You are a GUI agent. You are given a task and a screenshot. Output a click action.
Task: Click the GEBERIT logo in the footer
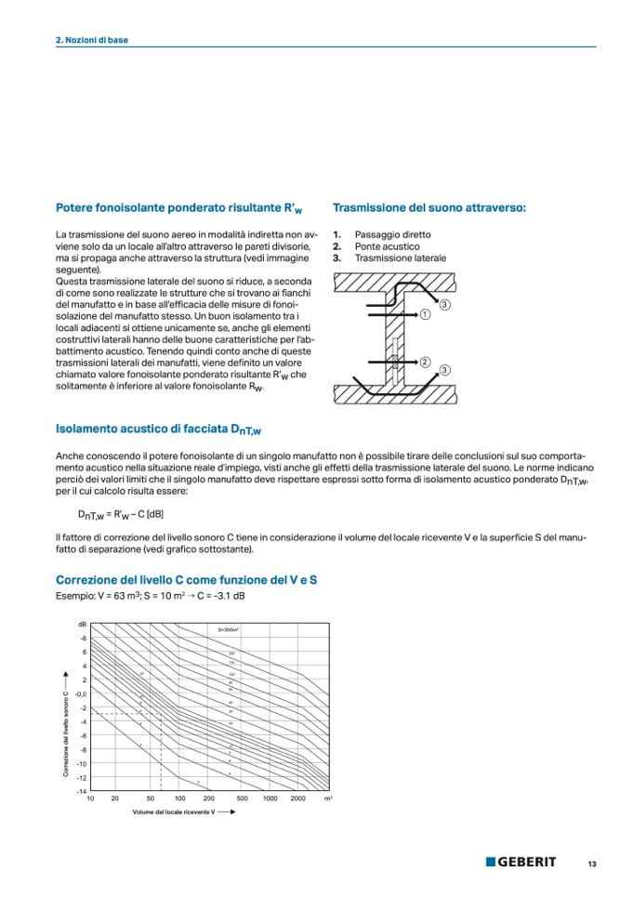coord(521,862)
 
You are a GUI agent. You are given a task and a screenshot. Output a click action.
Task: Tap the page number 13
coord(591,864)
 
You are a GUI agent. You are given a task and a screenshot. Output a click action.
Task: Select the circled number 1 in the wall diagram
coord(424,315)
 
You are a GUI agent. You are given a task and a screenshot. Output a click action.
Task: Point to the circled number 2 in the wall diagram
coord(424,362)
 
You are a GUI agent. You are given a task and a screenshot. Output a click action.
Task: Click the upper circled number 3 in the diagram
coord(445,306)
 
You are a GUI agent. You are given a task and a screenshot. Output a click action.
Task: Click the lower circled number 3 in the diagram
coord(445,370)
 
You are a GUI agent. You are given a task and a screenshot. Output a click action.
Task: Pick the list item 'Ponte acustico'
coord(387,246)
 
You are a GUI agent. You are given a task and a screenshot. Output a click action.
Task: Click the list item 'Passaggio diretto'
coord(392,235)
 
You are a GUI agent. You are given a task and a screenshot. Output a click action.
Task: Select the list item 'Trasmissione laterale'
coord(400,258)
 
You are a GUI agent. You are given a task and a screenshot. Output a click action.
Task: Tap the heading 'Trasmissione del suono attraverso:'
coord(429,208)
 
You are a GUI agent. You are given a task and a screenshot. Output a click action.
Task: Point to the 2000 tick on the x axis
coord(298,799)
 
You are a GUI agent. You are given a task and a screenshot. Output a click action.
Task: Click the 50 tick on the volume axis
coord(150,799)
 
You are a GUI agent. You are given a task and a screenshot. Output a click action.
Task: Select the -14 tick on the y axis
coord(82,790)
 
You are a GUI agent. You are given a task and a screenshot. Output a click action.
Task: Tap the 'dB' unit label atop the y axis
coord(83,624)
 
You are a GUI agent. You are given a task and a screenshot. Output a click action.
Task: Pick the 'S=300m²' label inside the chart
coord(229,630)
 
